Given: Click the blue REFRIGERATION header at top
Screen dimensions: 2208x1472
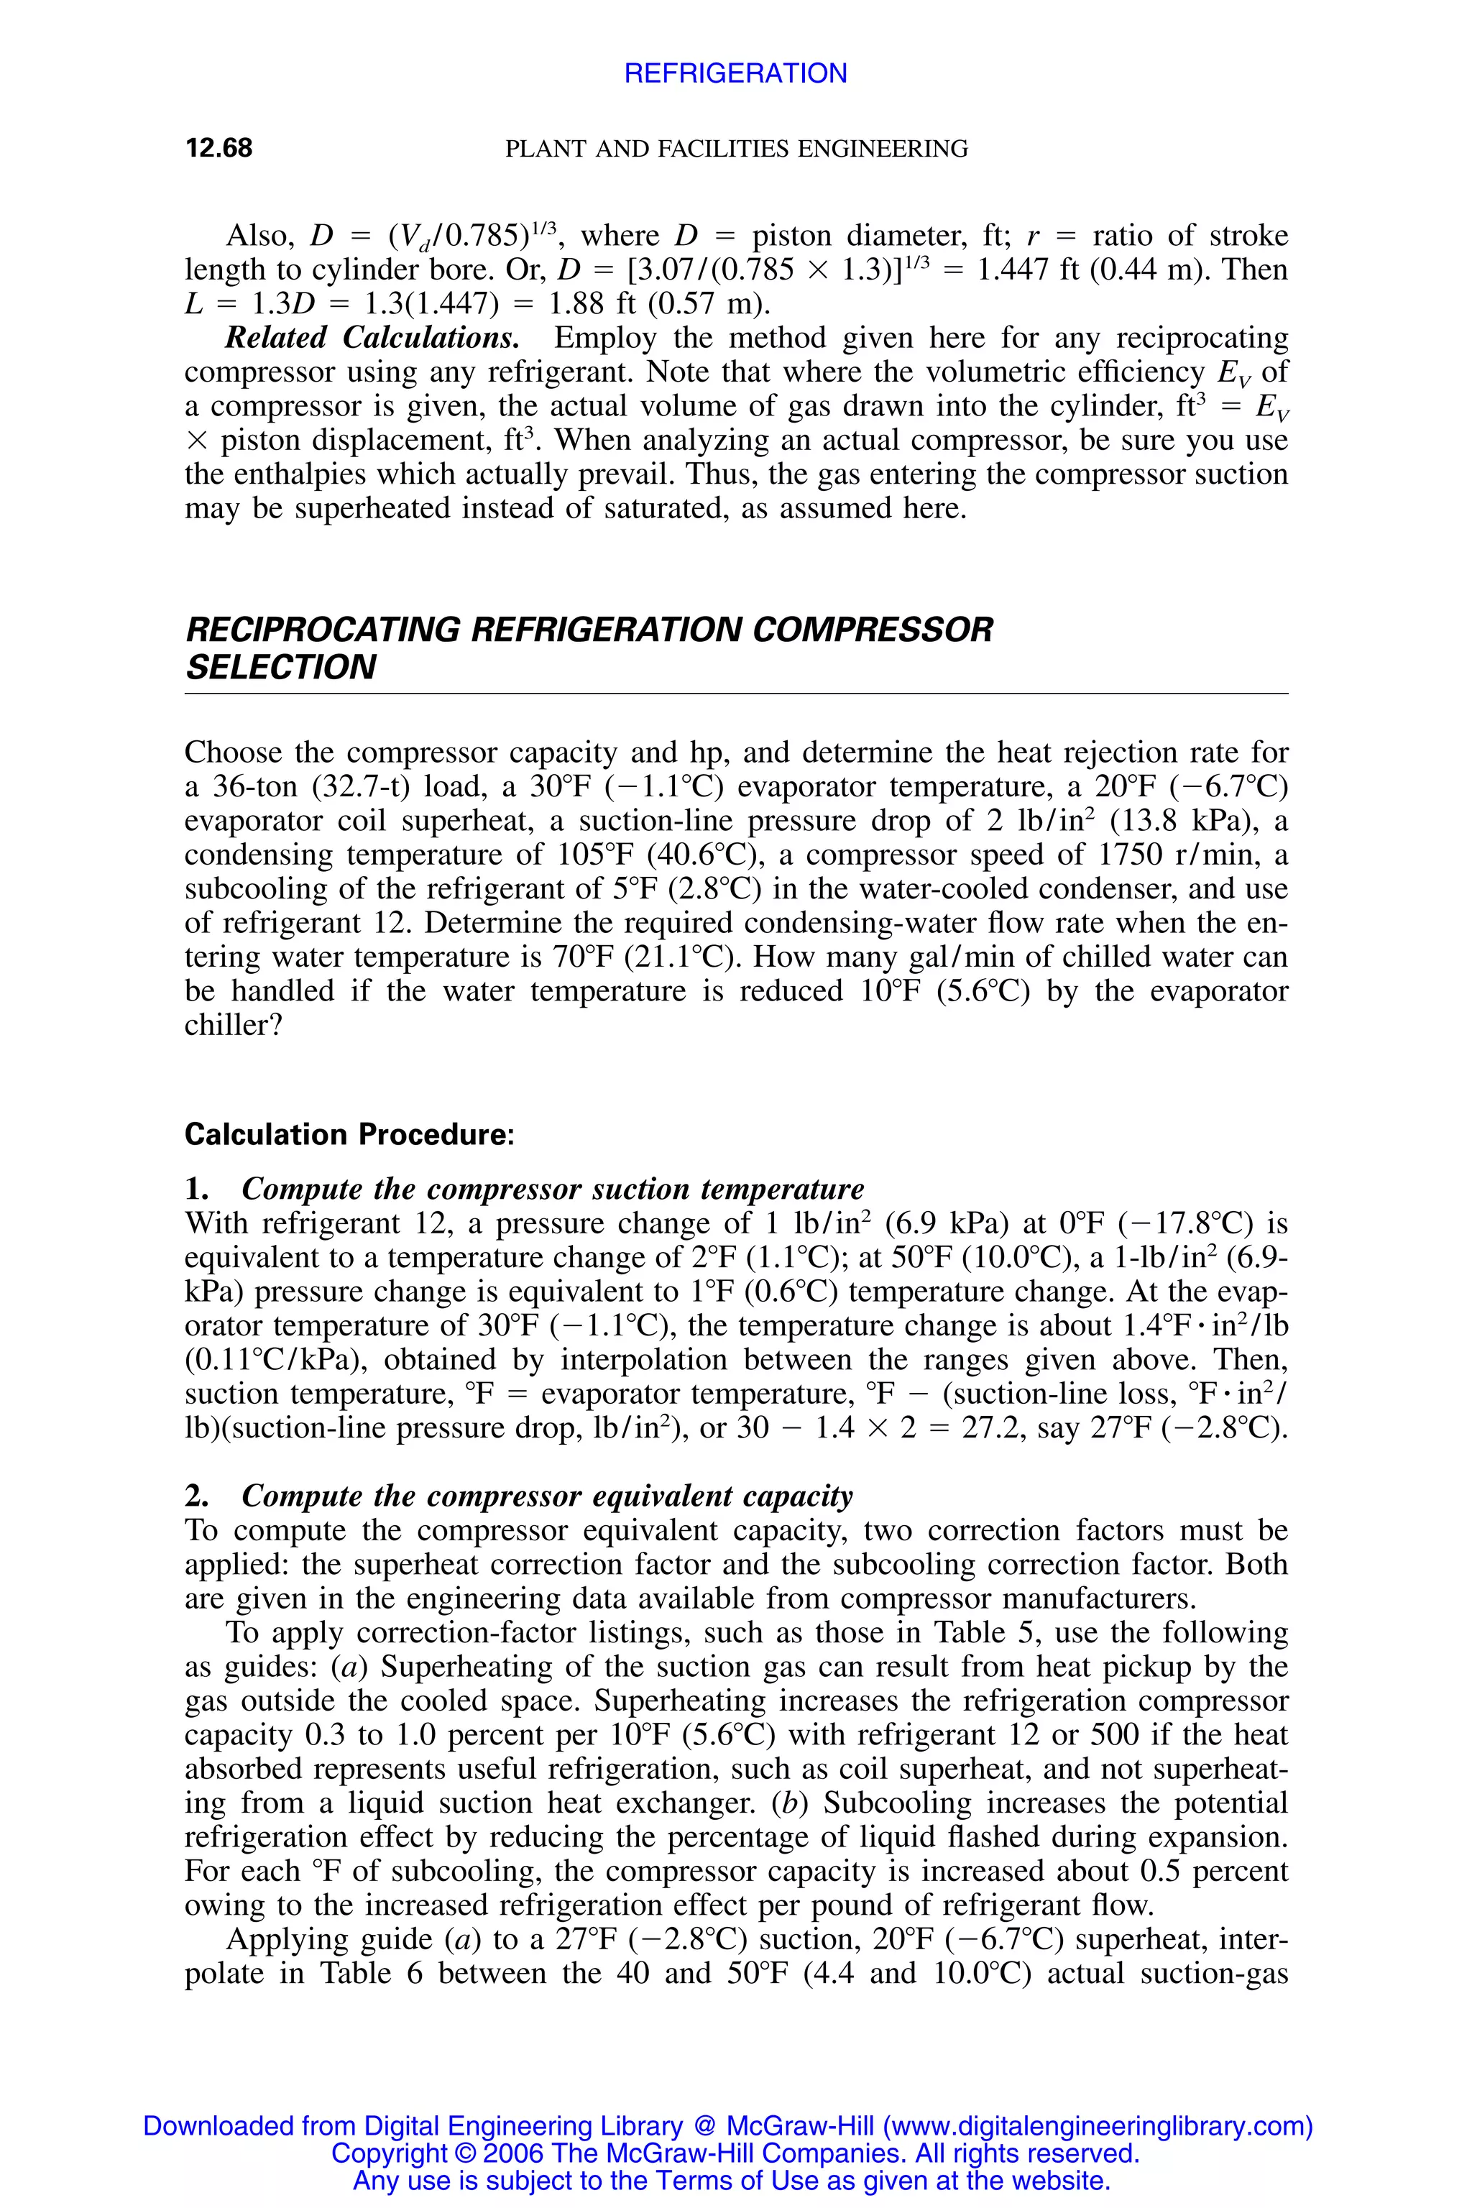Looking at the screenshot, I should [735, 73].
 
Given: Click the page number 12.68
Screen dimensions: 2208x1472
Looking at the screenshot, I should [218, 148].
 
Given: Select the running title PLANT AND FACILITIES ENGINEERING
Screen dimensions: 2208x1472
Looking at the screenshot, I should [736, 148].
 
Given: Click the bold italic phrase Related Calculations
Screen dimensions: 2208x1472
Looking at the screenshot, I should [372, 338].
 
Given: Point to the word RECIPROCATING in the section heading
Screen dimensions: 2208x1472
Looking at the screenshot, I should [324, 630].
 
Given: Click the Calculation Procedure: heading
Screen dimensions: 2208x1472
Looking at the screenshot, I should [349, 1135].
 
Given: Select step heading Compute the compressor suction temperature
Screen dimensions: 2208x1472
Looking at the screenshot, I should [552, 1189].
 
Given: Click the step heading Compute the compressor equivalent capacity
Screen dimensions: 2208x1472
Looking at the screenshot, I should [546, 1496].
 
